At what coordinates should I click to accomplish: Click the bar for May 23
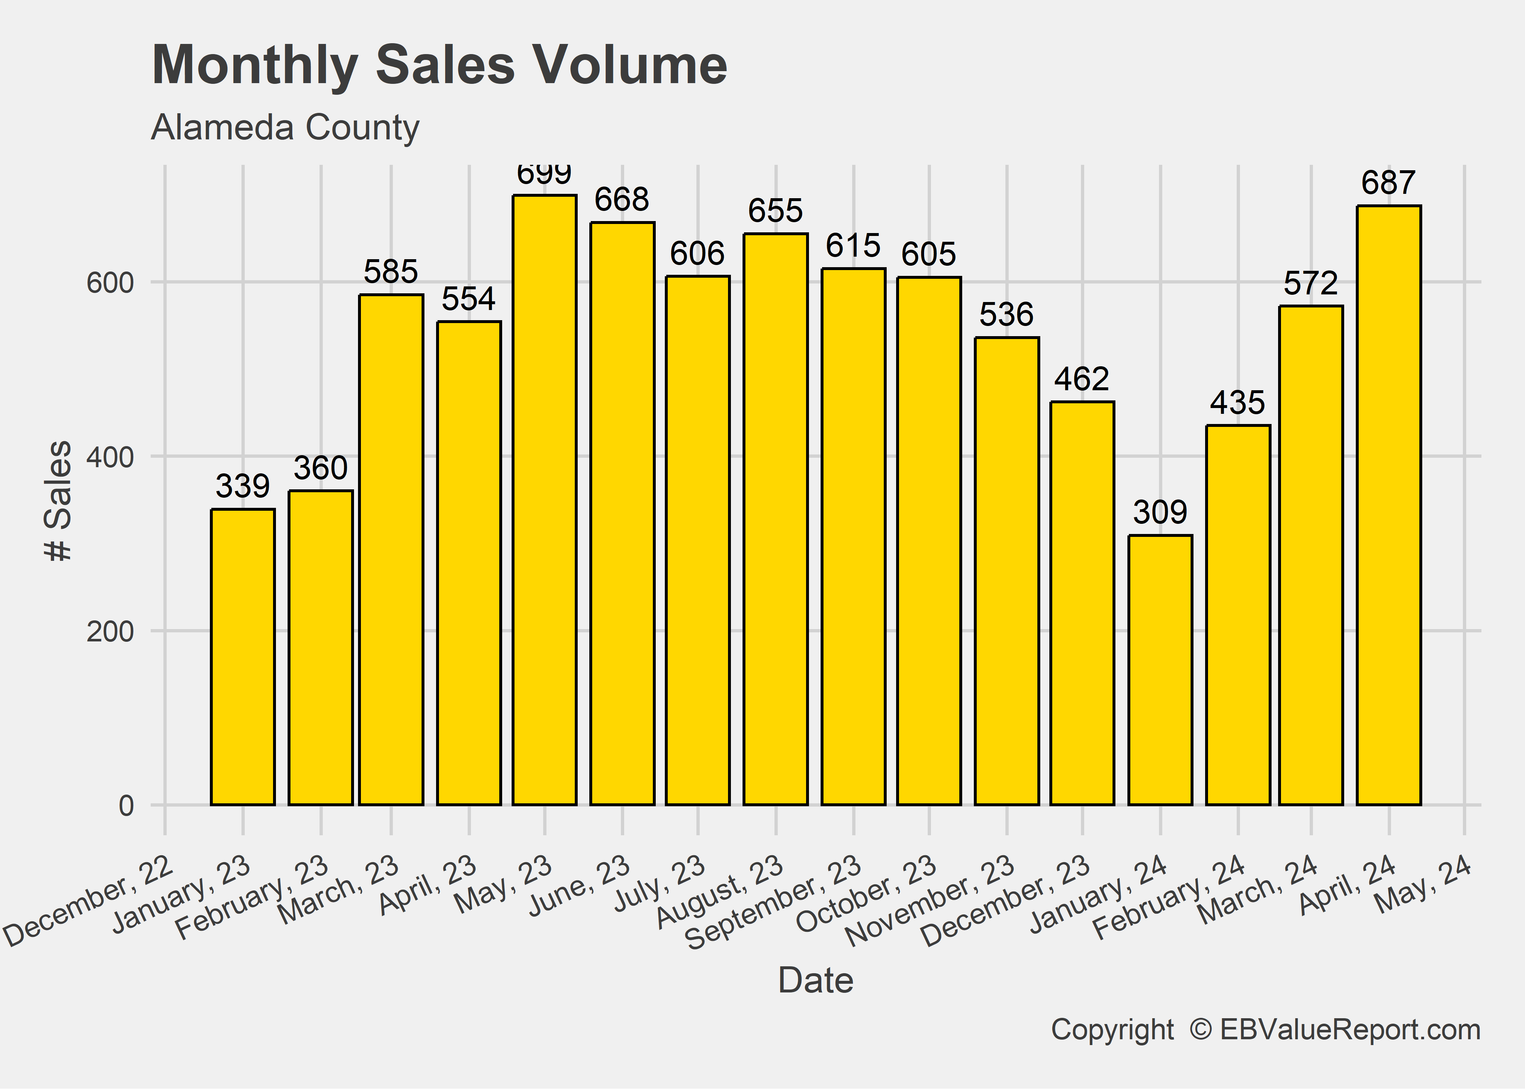coord(545,499)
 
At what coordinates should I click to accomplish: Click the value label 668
coord(622,200)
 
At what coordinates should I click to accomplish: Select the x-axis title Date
coord(816,980)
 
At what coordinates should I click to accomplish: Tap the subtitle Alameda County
coord(285,127)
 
